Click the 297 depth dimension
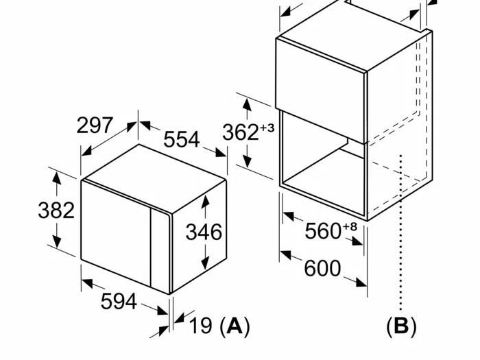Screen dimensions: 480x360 pyautogui.click(x=95, y=125)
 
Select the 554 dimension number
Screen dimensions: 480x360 pyautogui.click(x=182, y=139)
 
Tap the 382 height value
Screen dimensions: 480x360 pyautogui.click(x=56, y=211)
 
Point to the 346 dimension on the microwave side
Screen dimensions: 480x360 pyautogui.click(x=204, y=232)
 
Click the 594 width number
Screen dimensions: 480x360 pyautogui.click(x=119, y=301)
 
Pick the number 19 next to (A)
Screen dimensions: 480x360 pyautogui.click(x=201, y=325)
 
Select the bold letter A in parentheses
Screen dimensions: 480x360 pyautogui.click(x=235, y=325)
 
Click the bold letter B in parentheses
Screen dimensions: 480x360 pyautogui.click(x=401, y=326)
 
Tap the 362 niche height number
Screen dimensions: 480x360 pyautogui.click(x=241, y=132)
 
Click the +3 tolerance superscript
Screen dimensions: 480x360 pyautogui.click(x=267, y=128)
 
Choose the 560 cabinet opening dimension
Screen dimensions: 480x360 pyautogui.click(x=323, y=231)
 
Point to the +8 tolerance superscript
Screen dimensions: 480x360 pyautogui.click(x=350, y=226)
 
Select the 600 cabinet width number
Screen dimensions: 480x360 pyautogui.click(x=322, y=268)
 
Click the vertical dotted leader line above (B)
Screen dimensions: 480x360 pyautogui.click(x=400, y=233)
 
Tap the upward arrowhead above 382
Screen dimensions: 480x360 pyautogui.click(x=57, y=178)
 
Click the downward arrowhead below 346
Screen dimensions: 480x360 pyautogui.click(x=205, y=263)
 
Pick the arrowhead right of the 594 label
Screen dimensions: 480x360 pyautogui.click(x=163, y=311)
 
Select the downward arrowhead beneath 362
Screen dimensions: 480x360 pyautogui.click(x=248, y=161)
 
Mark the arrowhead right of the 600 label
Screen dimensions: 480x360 pyautogui.click(x=361, y=282)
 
